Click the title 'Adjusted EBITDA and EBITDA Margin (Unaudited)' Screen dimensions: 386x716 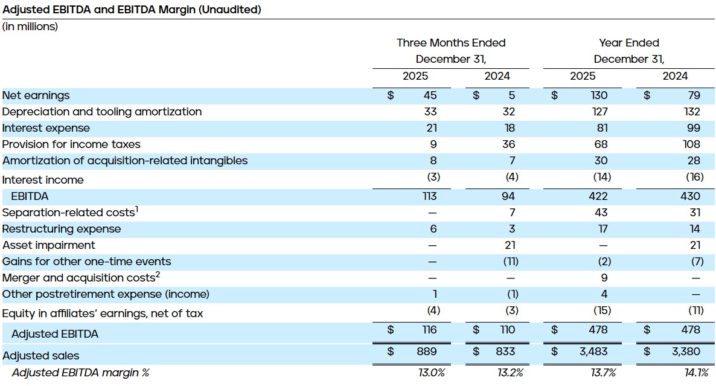(x=132, y=10)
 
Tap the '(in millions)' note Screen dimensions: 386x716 (x=30, y=27)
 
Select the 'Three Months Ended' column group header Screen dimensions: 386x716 (x=450, y=43)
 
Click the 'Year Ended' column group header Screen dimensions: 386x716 (x=628, y=43)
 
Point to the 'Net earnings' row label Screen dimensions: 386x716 (x=36, y=95)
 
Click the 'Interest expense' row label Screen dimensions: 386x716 (x=46, y=128)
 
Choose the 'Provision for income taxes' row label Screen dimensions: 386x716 (x=71, y=144)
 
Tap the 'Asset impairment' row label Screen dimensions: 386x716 (x=49, y=245)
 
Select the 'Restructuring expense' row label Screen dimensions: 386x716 (x=62, y=229)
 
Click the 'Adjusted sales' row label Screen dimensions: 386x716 (x=40, y=355)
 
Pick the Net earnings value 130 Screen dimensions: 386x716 (x=599, y=95)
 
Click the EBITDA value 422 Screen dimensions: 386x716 (x=599, y=196)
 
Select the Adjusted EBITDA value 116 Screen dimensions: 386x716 (x=429, y=330)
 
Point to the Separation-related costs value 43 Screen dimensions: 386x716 (x=601, y=213)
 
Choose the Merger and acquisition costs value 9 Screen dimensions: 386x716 (x=604, y=278)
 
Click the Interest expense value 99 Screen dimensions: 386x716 (x=694, y=128)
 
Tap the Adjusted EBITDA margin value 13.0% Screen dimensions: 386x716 (x=431, y=373)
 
